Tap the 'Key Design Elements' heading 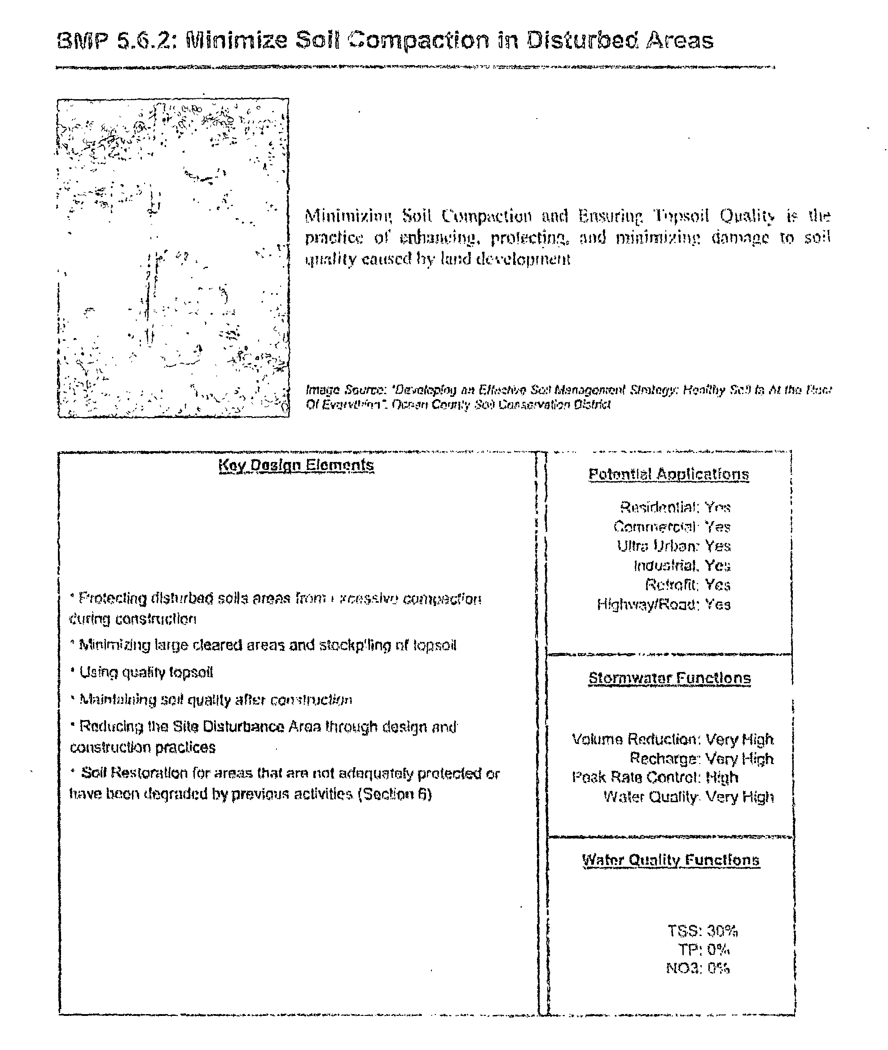[x=296, y=465]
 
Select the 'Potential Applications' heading [x=668, y=474]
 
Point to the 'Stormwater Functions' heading [x=669, y=678]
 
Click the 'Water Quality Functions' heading [x=671, y=860]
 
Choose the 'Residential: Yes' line [x=675, y=507]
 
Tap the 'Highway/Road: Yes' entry [x=664, y=604]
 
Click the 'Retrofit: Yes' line [x=687, y=585]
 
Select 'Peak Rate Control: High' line [x=655, y=777]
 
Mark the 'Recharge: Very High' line [x=701, y=759]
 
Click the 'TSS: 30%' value [x=702, y=931]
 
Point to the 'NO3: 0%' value [x=698, y=968]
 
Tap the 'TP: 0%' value [x=703, y=949]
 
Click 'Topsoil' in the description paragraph [x=681, y=216]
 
